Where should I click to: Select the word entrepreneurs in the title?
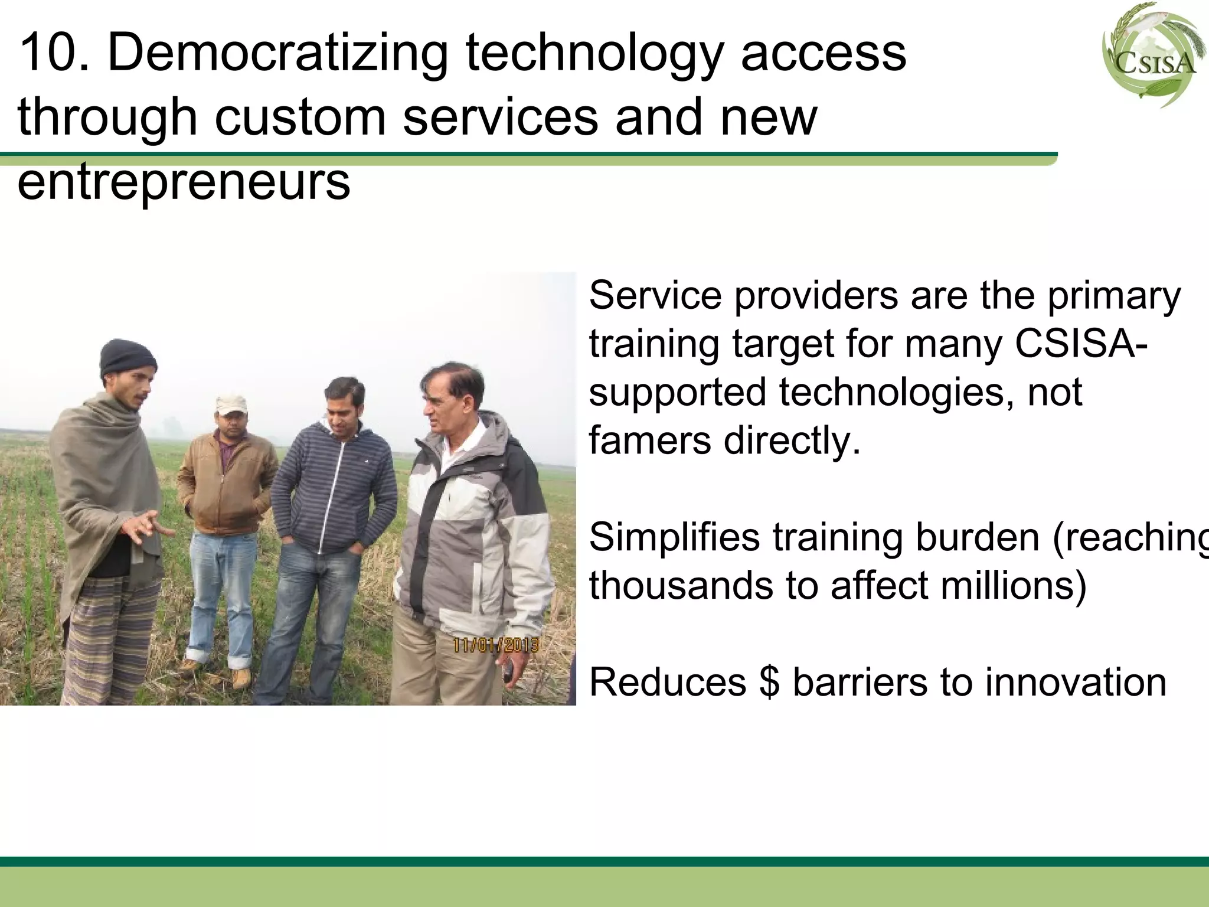(x=184, y=182)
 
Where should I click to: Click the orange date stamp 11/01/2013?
(x=495, y=644)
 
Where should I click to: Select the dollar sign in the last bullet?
(x=769, y=683)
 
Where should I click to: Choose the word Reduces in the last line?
(x=668, y=683)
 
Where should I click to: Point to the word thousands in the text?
(x=679, y=586)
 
